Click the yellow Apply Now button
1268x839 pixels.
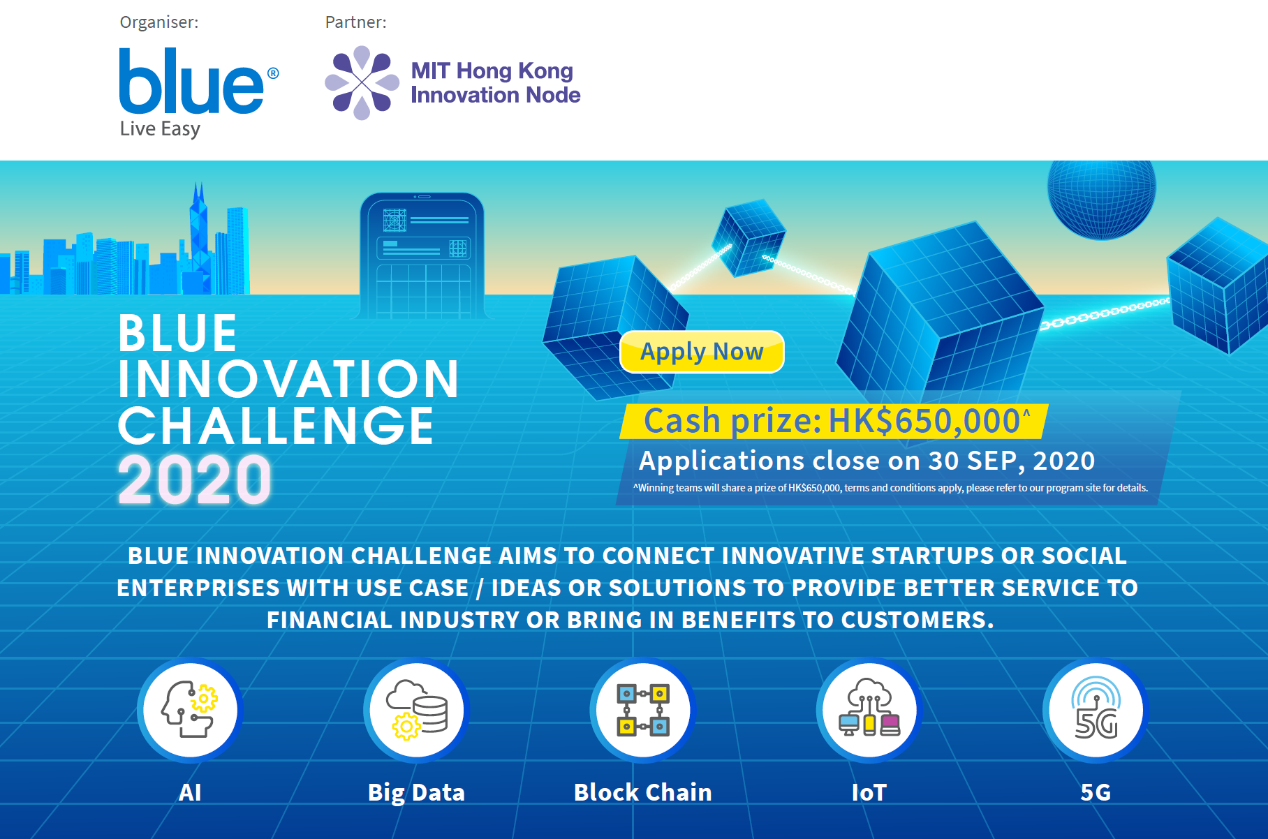tap(702, 352)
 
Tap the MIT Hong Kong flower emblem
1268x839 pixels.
tap(362, 83)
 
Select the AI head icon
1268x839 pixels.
tap(190, 709)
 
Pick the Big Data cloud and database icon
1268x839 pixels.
tap(417, 709)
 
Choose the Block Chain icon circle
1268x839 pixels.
tap(643, 710)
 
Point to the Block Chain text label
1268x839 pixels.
tap(643, 792)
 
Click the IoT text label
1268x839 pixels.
tap(869, 792)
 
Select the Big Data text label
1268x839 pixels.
tap(417, 793)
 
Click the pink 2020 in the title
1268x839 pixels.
tap(195, 480)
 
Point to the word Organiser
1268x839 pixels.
tap(159, 22)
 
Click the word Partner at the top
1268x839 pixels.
tap(356, 22)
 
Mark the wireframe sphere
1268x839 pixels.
tap(1102, 200)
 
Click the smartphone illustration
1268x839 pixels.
tap(422, 255)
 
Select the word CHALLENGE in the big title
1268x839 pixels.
tap(277, 426)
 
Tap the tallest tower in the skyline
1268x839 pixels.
tap(199, 237)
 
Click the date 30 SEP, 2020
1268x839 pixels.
tap(1011, 461)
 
